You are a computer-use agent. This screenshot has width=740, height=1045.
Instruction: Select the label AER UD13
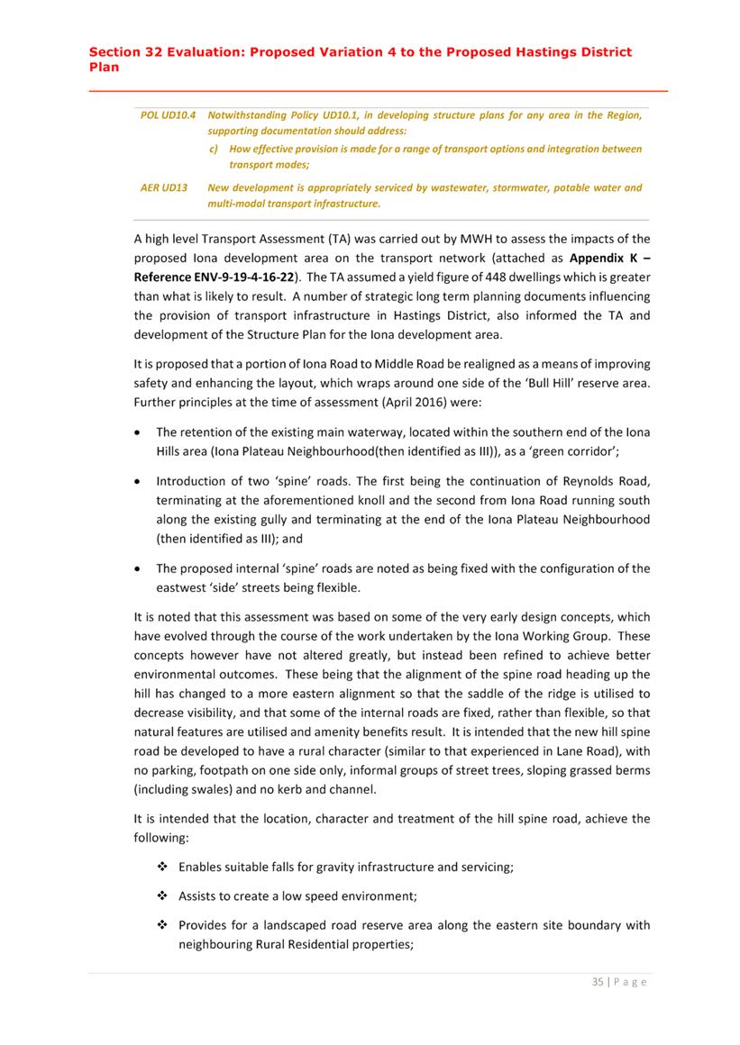[x=164, y=188]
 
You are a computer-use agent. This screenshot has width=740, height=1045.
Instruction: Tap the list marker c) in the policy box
[x=214, y=149]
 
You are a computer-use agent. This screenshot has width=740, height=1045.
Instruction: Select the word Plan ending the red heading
[x=104, y=66]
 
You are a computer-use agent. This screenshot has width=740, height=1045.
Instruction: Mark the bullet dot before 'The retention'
[x=139, y=432]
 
